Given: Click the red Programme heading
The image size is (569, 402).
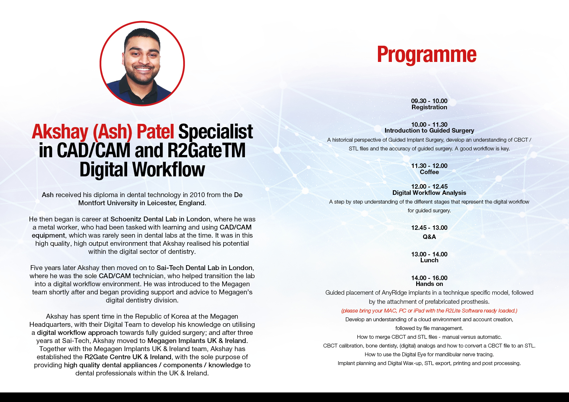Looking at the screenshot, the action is pyautogui.click(x=427, y=55).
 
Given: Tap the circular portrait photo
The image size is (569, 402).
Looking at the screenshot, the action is pyautogui.click(x=142, y=64).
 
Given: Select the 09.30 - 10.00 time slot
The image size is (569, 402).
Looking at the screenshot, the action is pyautogui.click(x=429, y=101).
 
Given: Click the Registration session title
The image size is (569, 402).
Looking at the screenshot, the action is pyautogui.click(x=429, y=107).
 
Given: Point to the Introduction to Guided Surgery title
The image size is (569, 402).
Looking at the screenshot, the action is pyautogui.click(x=429, y=131).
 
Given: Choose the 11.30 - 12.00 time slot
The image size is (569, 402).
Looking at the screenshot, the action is pyautogui.click(x=429, y=166).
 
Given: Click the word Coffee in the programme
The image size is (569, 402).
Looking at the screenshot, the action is pyautogui.click(x=429, y=172).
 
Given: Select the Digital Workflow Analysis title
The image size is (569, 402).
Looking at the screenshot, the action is pyautogui.click(x=429, y=193).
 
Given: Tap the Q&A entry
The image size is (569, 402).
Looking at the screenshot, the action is pyautogui.click(x=429, y=237).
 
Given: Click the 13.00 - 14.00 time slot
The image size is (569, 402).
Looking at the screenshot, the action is pyautogui.click(x=429, y=254).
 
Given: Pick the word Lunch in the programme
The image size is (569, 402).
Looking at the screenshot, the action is pyautogui.click(x=429, y=260).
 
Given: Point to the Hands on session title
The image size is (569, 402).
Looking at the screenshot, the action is pyautogui.click(x=429, y=284).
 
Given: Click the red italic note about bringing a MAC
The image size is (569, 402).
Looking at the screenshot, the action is pyautogui.click(x=429, y=311).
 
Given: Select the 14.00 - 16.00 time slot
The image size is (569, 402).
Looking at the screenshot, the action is pyautogui.click(x=429, y=278).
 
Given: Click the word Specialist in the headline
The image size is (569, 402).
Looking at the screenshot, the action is pyautogui.click(x=215, y=132).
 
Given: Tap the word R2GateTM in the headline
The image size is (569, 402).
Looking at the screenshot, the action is pyautogui.click(x=206, y=150).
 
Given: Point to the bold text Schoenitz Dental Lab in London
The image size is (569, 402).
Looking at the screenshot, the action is pyautogui.click(x=160, y=219).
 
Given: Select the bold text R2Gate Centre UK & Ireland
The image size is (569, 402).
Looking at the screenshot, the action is pyautogui.click(x=128, y=357).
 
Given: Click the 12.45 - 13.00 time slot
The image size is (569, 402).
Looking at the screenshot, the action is pyautogui.click(x=429, y=228).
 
